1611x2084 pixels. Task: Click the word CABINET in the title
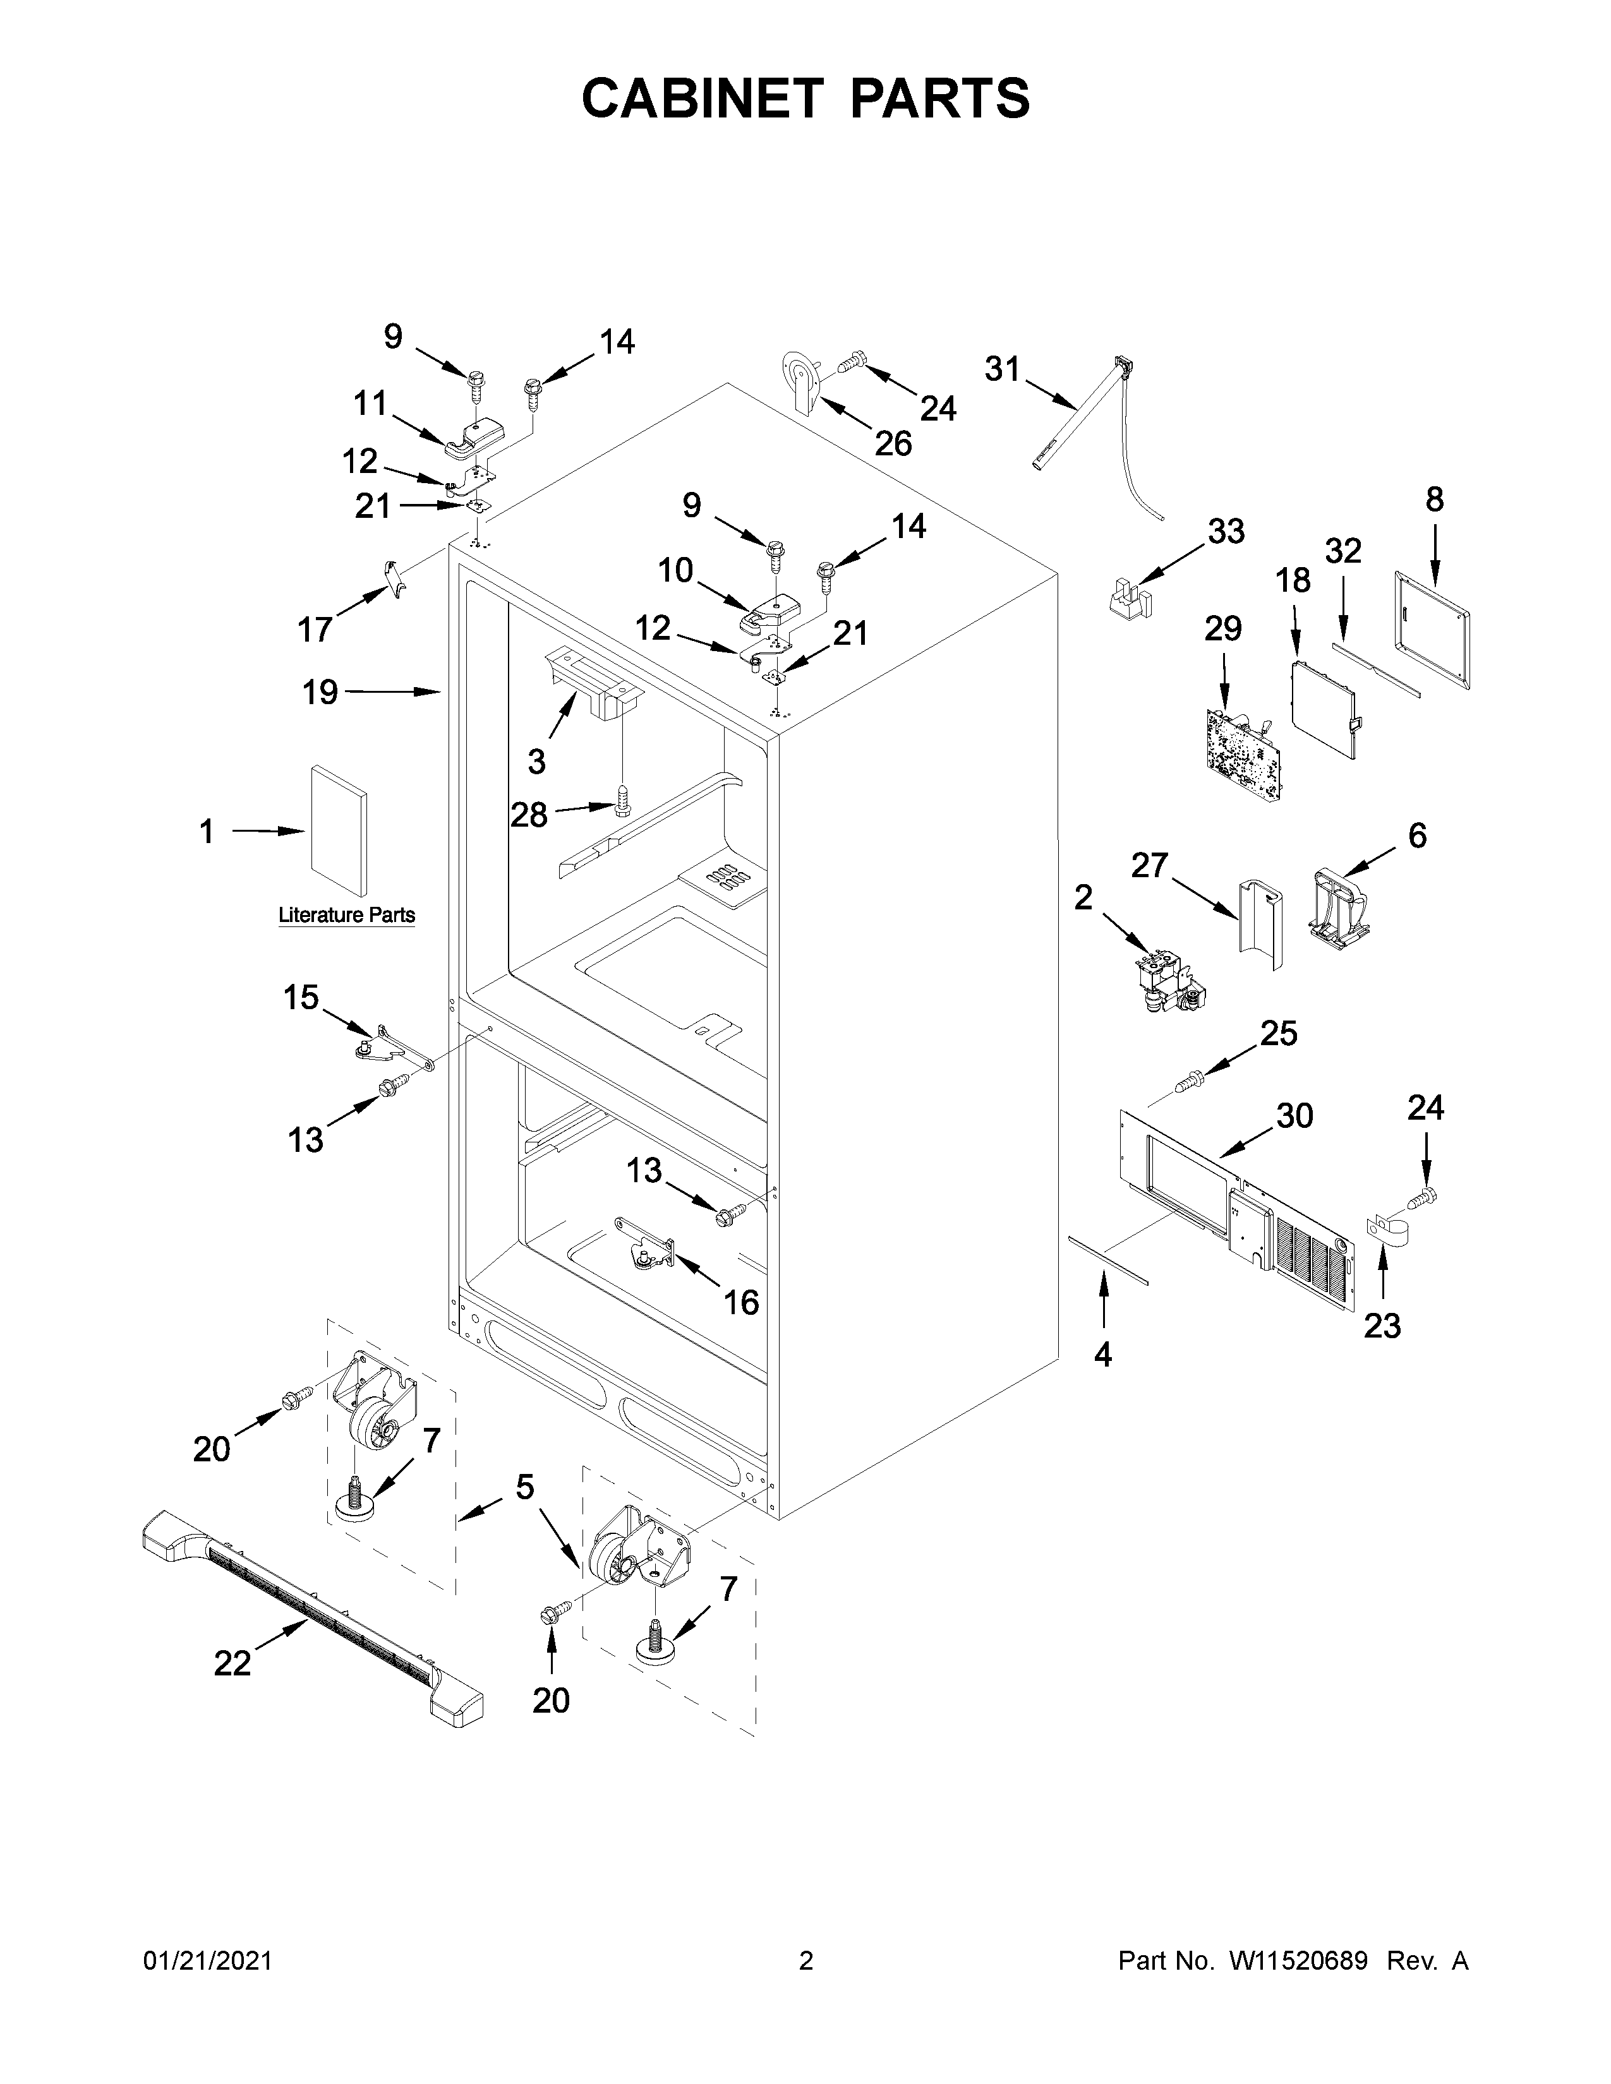[x=701, y=99]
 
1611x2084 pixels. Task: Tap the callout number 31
[x=1002, y=369]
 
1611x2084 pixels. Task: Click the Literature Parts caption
[x=346, y=915]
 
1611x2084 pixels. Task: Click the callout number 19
[x=321, y=692]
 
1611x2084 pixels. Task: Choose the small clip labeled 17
[x=393, y=578]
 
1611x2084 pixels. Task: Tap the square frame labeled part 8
[x=1432, y=630]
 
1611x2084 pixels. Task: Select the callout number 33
[x=1226, y=532]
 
